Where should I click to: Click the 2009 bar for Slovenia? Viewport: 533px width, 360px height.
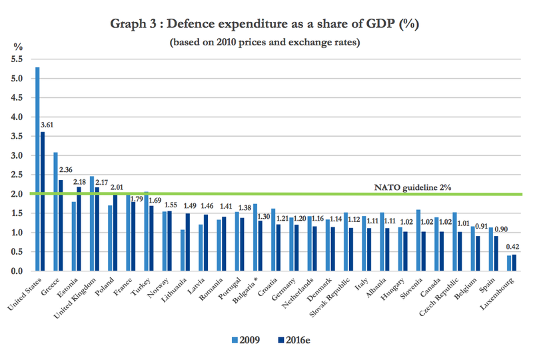(417, 241)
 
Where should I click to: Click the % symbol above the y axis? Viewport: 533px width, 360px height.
(18, 47)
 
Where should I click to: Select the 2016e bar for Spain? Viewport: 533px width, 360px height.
(496, 254)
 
